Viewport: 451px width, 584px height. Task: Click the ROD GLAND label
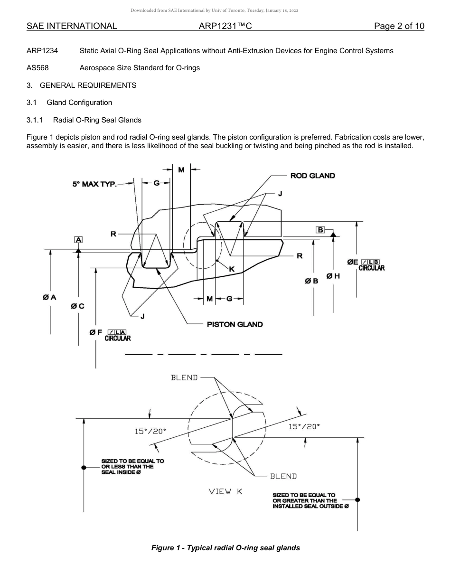point(312,176)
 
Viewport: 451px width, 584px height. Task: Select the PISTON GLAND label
point(235,324)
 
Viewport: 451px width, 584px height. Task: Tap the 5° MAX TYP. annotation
point(94,184)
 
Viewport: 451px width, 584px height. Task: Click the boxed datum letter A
point(78,240)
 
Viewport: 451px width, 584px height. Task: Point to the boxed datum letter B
point(320,230)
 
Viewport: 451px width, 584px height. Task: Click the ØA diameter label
point(49,297)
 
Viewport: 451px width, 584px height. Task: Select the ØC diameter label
point(78,306)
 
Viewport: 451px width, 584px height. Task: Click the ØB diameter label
point(312,281)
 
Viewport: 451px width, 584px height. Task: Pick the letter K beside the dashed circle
point(232,269)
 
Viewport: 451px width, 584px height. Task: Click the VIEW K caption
point(225,491)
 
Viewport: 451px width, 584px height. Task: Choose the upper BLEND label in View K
point(184,377)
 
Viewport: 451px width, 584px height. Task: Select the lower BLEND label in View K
point(283,476)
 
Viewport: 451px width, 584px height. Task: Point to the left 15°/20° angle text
point(150,431)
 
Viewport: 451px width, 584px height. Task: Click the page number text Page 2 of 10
point(399,26)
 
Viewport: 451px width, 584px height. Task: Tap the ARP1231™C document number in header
point(225,26)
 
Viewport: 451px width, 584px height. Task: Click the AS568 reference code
point(38,68)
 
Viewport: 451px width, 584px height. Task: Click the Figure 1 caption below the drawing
point(225,548)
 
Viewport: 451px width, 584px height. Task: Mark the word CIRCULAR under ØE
point(371,268)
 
